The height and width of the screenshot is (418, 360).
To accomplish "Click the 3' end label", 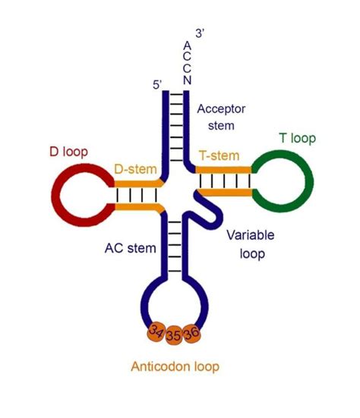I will click(199, 33).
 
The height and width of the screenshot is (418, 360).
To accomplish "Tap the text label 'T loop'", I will click(298, 138).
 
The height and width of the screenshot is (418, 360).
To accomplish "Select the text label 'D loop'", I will click(70, 151).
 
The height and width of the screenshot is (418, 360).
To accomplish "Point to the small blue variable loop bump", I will click(209, 215).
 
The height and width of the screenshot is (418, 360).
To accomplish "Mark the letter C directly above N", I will click(187, 69).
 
